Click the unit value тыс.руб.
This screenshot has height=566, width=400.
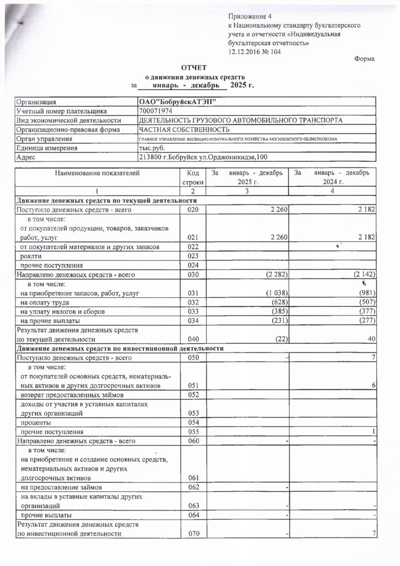click(151, 148)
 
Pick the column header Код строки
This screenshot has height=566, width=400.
click(192, 177)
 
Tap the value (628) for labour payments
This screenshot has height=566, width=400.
click(275, 302)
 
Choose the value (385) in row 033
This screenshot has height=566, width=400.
click(275, 311)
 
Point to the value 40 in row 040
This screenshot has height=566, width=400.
click(372, 339)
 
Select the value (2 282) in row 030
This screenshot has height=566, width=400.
click(272, 274)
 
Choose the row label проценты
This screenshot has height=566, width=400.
click(34, 422)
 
